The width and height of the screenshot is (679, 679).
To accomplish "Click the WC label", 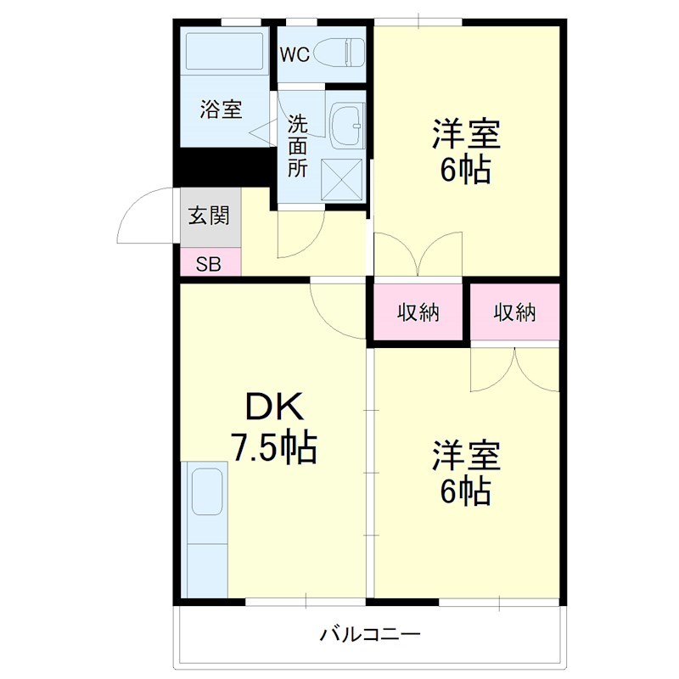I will point(295,54).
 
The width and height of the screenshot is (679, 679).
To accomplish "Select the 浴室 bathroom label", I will point(221,109).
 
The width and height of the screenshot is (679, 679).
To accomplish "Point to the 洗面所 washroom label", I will point(297,145).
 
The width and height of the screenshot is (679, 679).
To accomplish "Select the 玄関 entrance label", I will point(209,216).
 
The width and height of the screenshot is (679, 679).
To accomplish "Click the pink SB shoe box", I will point(209,264).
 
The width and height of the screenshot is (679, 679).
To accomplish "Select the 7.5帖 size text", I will point(274,447).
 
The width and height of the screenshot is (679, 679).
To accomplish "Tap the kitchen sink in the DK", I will point(205,492).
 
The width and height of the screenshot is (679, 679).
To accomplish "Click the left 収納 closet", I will point(418,312).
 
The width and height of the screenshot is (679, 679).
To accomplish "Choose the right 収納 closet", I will point(515,312).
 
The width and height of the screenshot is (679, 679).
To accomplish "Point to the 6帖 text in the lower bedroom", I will point(465,491).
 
